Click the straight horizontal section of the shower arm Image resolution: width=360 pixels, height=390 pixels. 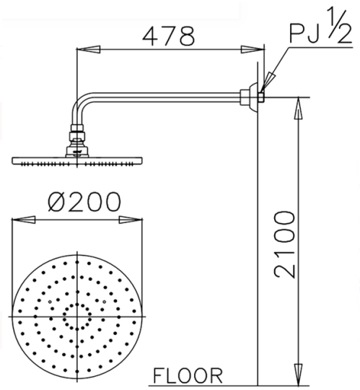coord(166,93)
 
